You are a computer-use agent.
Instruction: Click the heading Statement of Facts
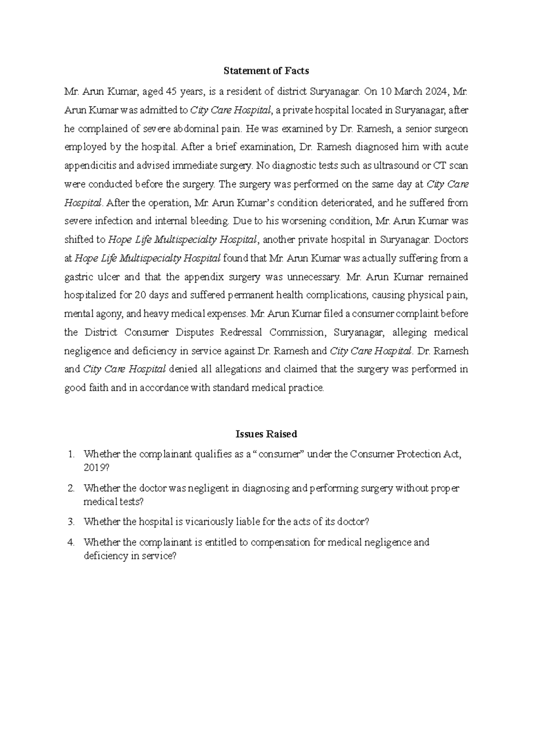pyautogui.click(x=266, y=71)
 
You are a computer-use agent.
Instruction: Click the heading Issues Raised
pyautogui.click(x=266, y=434)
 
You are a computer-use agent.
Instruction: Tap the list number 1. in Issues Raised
pyautogui.click(x=71, y=454)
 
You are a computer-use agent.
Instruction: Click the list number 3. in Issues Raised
pyautogui.click(x=71, y=522)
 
